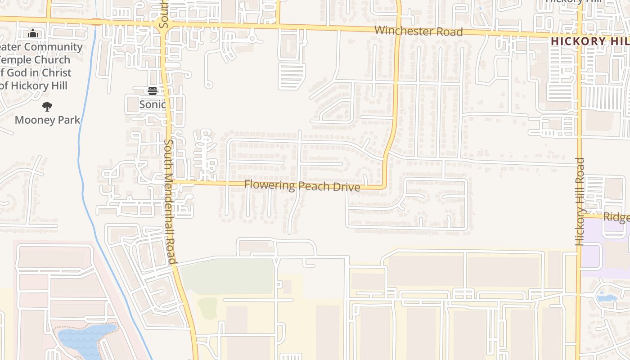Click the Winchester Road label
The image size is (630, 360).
click(418, 31)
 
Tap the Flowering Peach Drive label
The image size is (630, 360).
click(302, 185)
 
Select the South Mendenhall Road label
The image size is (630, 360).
click(169, 201)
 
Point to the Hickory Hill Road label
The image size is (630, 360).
click(580, 202)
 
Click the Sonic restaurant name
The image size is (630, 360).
click(152, 104)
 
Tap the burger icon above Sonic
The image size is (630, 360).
click(152, 91)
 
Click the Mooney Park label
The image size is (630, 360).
click(47, 120)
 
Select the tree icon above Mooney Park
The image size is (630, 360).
click(47, 107)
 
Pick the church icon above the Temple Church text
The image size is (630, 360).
click(32, 34)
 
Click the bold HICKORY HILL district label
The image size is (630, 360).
click(590, 41)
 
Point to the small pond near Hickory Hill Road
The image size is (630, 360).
click(606, 297)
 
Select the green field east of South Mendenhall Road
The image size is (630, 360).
click(227, 276)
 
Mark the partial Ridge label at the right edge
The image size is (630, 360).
click(616, 217)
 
